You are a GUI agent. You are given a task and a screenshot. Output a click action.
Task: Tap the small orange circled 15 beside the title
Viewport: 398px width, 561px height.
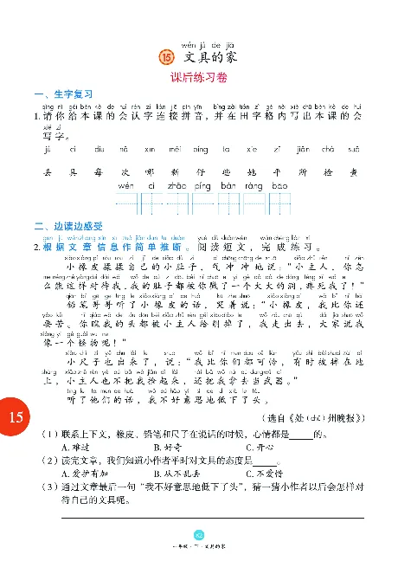coord(168,57)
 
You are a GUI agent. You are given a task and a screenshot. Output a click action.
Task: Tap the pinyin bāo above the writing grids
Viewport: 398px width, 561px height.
coord(279,186)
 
